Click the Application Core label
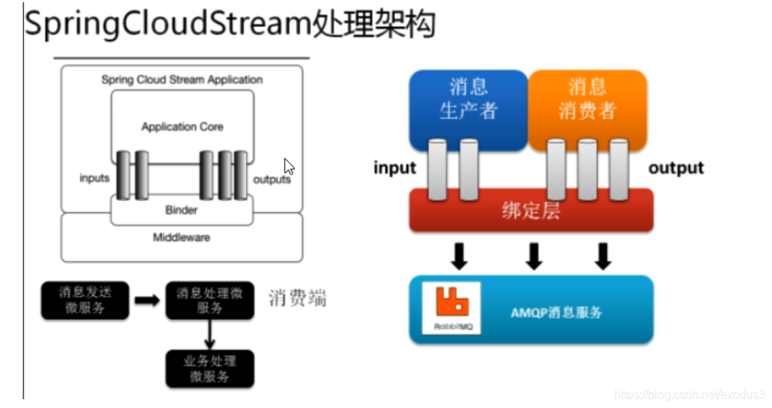182,127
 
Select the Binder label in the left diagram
181,210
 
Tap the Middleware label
181,237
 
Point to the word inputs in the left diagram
95,178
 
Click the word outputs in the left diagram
272,179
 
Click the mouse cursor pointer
288,167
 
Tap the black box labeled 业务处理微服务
209,368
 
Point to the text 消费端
297,298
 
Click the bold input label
395,168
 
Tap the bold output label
676,168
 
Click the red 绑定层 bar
531,211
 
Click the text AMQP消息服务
556,312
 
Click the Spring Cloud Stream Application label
182,79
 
